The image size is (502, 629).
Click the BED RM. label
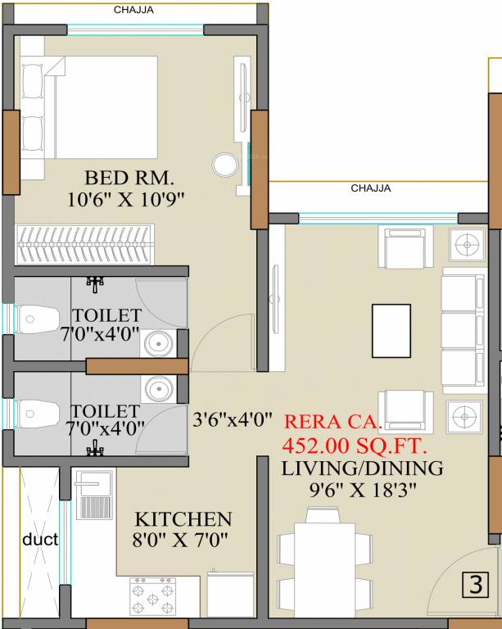coord(129,178)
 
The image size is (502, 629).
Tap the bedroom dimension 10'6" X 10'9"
coord(128,198)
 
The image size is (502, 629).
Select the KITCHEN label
coord(183,519)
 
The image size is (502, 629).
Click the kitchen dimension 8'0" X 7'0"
coord(181,540)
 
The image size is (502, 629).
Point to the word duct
coord(40,540)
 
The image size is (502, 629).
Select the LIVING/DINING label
coord(362,468)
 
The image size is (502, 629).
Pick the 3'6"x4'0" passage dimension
coord(232,421)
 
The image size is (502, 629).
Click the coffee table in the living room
coord(391,331)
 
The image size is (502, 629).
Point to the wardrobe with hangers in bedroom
coord(84,245)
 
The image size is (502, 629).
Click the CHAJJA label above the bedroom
coord(133,11)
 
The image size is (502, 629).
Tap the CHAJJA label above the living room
coord(370,188)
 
